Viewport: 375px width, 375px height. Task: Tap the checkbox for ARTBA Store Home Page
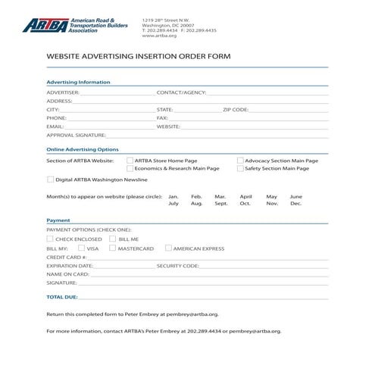click(x=130, y=161)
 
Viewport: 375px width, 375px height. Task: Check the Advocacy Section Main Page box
click(x=240, y=161)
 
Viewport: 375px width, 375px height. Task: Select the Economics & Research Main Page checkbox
click(x=130, y=169)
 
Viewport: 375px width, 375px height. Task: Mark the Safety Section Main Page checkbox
click(x=240, y=169)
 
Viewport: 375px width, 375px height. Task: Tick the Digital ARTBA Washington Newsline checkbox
click(x=50, y=180)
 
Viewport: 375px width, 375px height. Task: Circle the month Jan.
click(x=173, y=196)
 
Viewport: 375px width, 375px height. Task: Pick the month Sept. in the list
click(x=220, y=204)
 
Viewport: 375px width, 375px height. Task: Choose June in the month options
click(x=295, y=196)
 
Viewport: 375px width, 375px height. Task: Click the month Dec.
click(x=295, y=204)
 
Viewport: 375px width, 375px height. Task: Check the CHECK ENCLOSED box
click(x=50, y=239)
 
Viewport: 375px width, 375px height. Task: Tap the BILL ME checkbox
click(x=114, y=239)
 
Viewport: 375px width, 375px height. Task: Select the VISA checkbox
click(x=81, y=248)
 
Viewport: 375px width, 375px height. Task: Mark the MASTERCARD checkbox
click(x=113, y=248)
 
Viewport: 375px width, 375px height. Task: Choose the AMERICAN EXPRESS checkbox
click(x=168, y=248)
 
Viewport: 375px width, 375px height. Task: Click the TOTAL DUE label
click(x=61, y=297)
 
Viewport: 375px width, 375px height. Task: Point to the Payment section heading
click(x=58, y=220)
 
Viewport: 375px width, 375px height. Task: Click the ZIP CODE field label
click(x=235, y=109)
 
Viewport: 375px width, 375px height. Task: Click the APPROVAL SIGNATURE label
click(x=76, y=135)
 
